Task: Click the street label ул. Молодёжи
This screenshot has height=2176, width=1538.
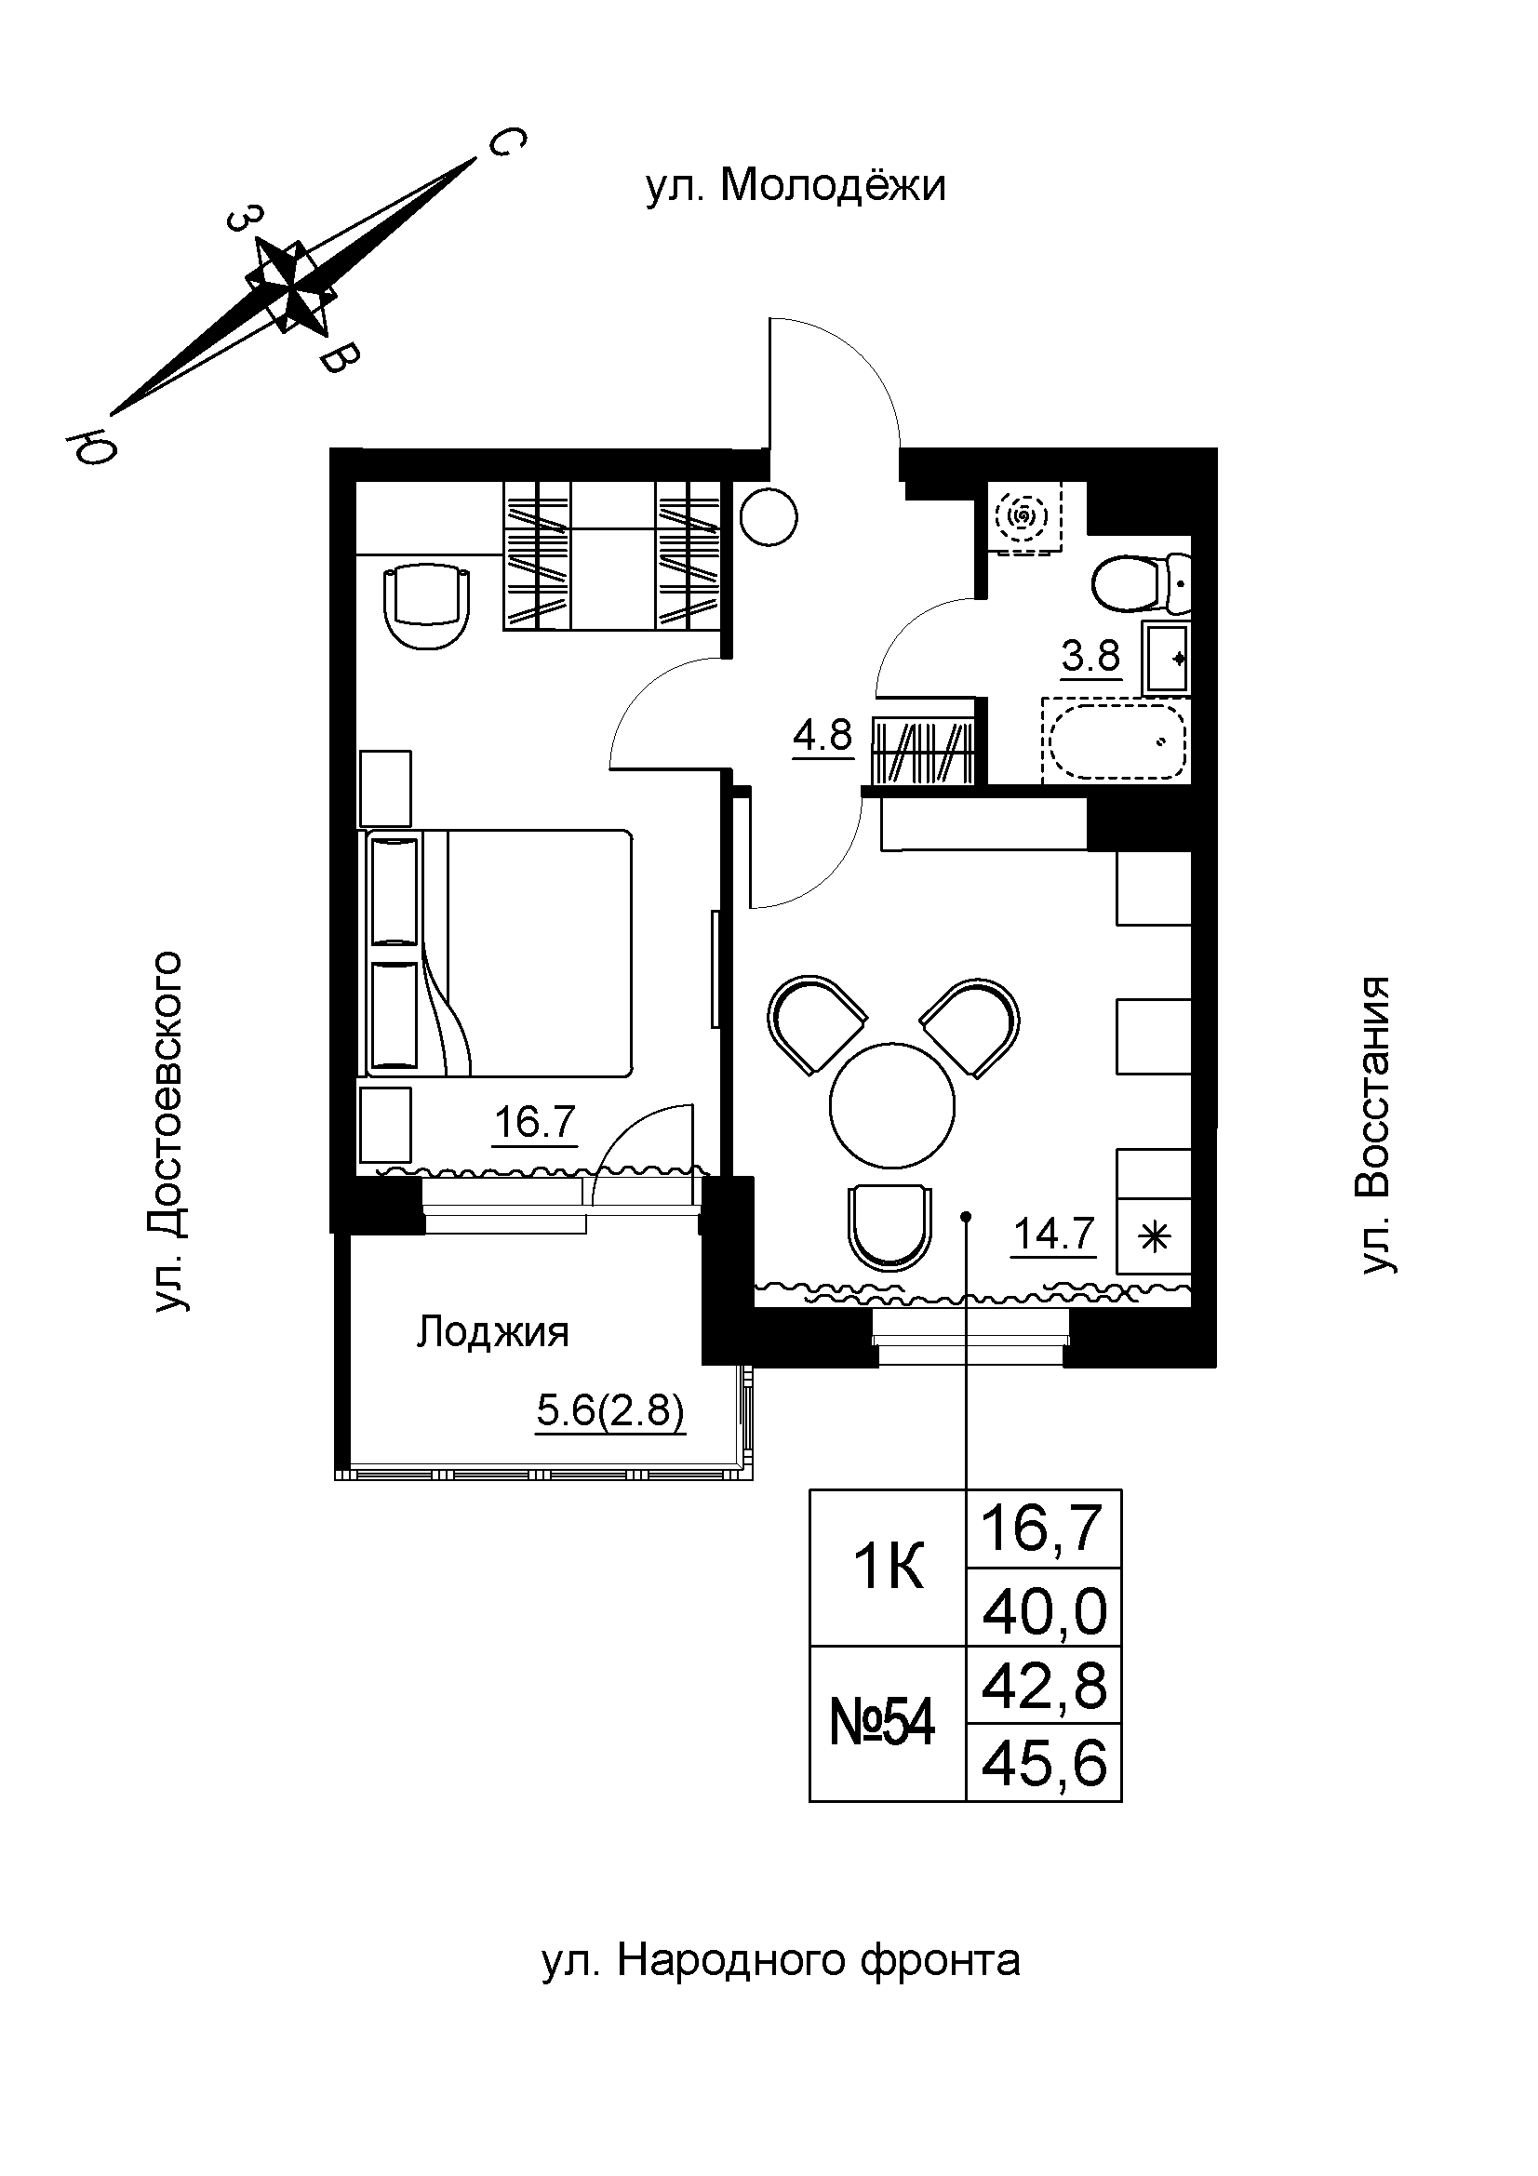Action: [x=796, y=187]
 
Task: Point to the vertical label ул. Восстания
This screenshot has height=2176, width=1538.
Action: [x=1375, y=1125]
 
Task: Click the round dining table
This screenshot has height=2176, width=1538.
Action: [x=890, y=1104]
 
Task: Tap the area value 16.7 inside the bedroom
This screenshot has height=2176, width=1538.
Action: [x=534, y=1124]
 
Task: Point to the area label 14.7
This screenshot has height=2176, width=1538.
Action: [x=1054, y=1235]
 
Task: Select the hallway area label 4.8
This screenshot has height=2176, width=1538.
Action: [x=822, y=737]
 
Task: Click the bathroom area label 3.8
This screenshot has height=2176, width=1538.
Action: [x=1090, y=656]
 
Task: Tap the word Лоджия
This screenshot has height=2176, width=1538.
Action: [x=493, y=1332]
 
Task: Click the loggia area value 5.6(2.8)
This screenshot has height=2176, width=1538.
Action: [x=609, y=1412]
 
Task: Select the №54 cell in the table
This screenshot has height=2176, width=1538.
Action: [x=882, y=1722]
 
